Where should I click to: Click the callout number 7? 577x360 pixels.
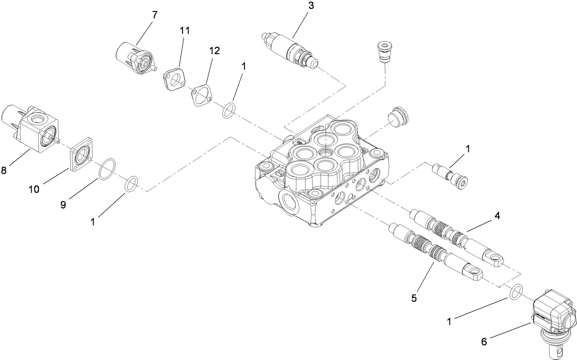point(155,15)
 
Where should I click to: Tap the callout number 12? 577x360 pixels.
point(214,51)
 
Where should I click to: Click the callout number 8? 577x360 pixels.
point(4,171)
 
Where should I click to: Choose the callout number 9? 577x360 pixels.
point(63,205)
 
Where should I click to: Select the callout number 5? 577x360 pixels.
point(414,298)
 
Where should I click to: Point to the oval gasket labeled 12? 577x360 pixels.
point(201,94)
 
